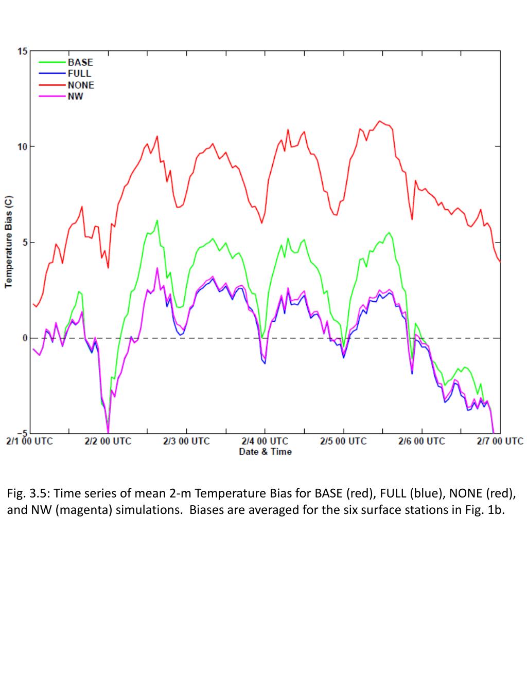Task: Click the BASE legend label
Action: coord(80,62)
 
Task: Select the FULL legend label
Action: coord(79,73)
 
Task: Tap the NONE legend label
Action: coord(81,85)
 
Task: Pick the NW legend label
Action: coord(75,96)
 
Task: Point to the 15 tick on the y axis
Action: coord(22,51)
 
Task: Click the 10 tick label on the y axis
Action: coord(22,147)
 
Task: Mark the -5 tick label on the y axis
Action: coord(22,434)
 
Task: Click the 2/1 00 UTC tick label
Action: coord(29,441)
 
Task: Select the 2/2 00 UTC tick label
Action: coord(108,441)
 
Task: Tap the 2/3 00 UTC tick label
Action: coord(186,441)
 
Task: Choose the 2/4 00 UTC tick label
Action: coord(265,441)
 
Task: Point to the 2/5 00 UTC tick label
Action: coord(343,441)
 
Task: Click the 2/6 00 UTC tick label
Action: coord(421,441)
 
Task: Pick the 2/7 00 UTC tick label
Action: coord(500,441)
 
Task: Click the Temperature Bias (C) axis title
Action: coord(9,242)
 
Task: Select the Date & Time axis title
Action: coord(265,452)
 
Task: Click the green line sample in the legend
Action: coord(53,62)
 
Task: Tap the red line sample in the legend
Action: coord(53,85)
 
